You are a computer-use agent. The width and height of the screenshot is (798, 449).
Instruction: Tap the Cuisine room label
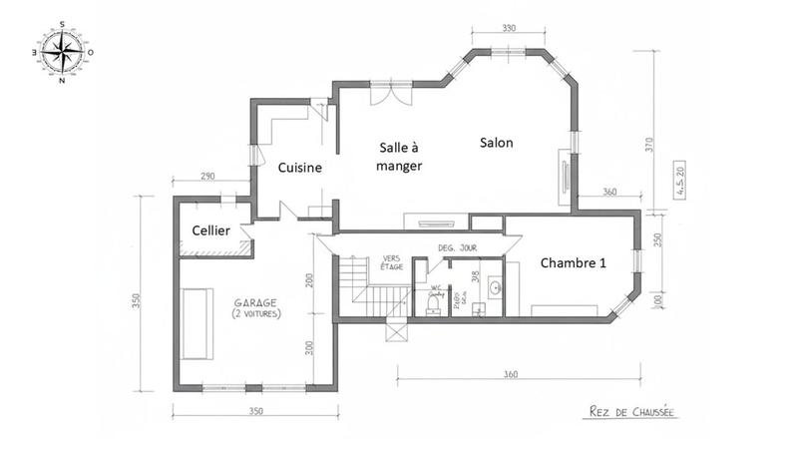[x=299, y=168]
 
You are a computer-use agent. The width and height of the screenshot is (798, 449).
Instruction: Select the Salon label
[x=496, y=143]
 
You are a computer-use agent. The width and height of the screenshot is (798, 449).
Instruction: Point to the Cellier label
[x=211, y=231]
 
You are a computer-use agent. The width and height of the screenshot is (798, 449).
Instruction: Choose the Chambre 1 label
[x=575, y=262]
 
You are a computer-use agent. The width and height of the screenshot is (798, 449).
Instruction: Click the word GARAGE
[x=256, y=302]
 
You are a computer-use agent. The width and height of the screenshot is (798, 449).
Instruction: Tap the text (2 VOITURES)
[x=256, y=314]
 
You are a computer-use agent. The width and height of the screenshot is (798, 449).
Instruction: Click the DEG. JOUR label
[x=459, y=246]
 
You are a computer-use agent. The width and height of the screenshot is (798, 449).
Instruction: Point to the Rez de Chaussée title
[x=624, y=409]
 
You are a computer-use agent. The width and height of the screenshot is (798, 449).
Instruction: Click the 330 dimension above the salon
[x=509, y=29]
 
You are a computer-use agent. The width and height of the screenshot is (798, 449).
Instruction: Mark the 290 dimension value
[x=207, y=176]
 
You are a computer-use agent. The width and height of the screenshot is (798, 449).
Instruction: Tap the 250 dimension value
[x=657, y=240]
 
